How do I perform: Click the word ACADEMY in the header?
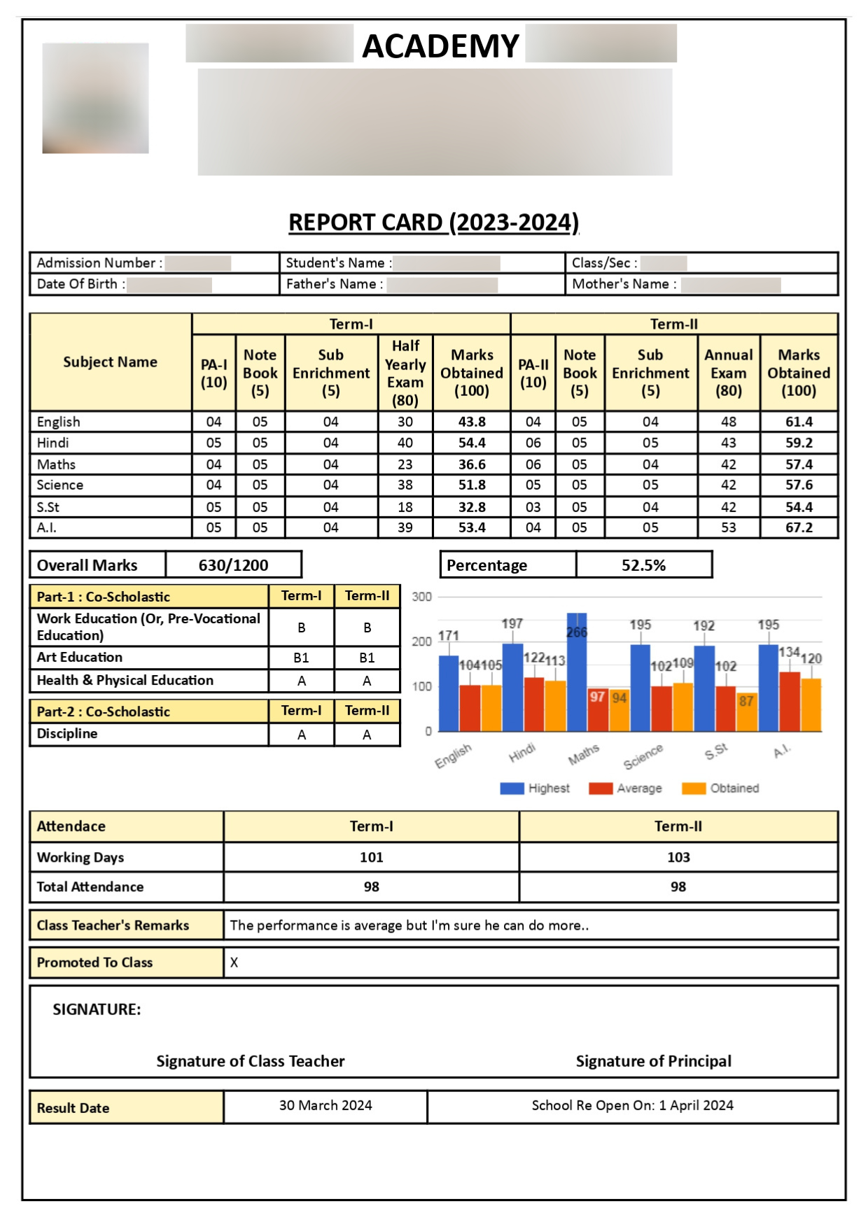click(x=440, y=46)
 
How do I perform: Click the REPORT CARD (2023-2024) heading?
click(x=433, y=222)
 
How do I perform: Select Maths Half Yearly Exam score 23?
click(x=405, y=464)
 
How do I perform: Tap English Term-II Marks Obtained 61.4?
click(x=798, y=422)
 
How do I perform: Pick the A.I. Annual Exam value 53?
click(x=728, y=527)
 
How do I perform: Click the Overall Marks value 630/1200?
click(x=233, y=565)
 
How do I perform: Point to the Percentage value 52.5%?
click(x=643, y=565)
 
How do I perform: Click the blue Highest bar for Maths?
click(x=576, y=672)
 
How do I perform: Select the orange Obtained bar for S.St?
click(x=747, y=712)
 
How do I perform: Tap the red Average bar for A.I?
click(x=790, y=702)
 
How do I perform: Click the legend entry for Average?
click(x=626, y=788)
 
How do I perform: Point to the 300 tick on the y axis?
click(x=422, y=597)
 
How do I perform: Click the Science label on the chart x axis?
click(x=643, y=756)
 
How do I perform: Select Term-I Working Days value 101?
click(x=371, y=857)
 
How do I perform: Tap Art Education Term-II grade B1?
click(x=367, y=658)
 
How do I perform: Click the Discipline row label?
click(x=67, y=734)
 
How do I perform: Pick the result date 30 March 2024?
click(x=325, y=1105)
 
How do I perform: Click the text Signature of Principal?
click(x=653, y=1061)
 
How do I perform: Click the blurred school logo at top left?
click(x=95, y=98)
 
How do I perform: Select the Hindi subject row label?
click(x=53, y=443)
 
